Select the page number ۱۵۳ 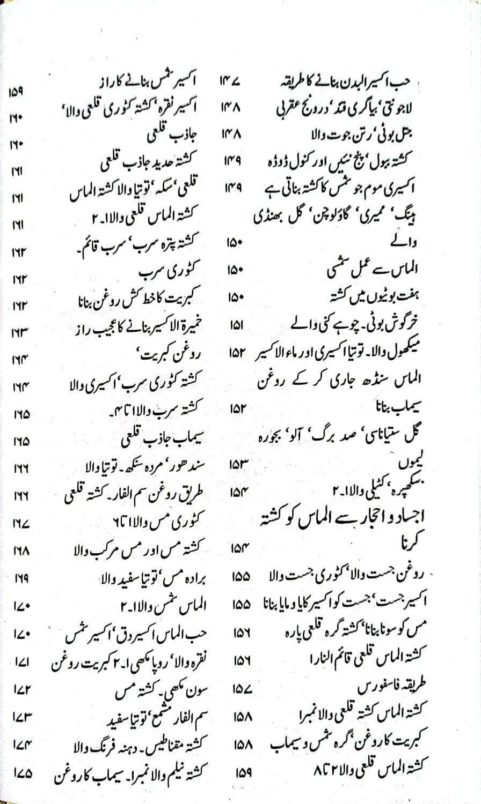238,465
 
